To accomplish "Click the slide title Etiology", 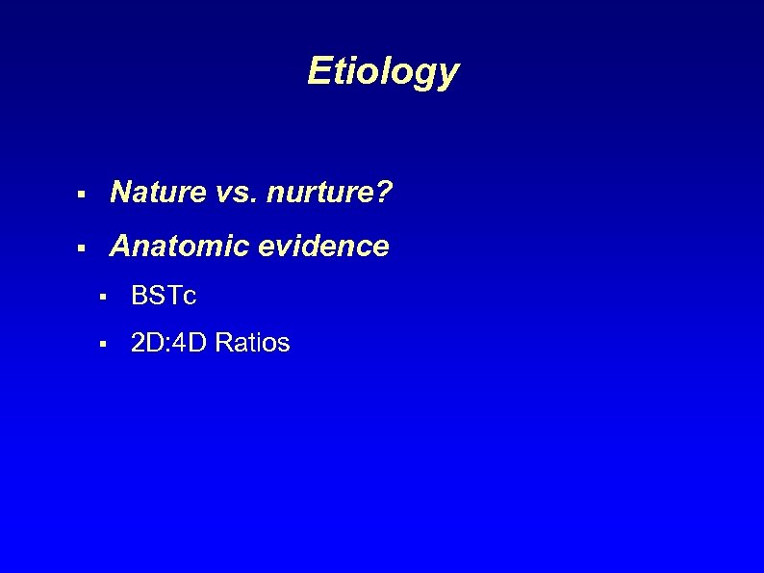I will coord(382,71).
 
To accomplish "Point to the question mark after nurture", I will coord(384,194).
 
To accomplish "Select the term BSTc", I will coord(163,297).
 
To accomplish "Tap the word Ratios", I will coord(252,343).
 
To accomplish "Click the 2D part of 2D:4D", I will coord(146,343).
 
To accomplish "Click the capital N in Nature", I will coord(121,194).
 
